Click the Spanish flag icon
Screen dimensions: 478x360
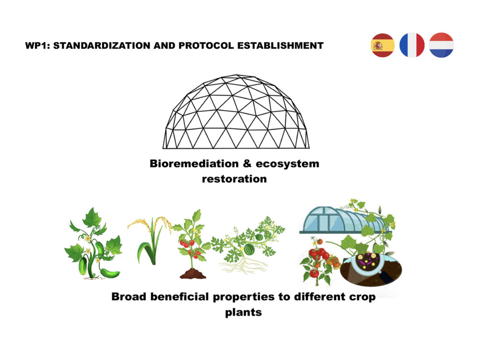[383, 45]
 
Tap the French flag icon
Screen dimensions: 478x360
[412, 45]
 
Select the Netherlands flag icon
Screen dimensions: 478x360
[441, 45]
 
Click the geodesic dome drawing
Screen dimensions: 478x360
[236, 112]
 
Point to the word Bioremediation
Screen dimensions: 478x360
[194, 164]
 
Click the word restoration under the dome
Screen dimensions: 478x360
[234, 179]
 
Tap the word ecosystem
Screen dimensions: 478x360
[287, 164]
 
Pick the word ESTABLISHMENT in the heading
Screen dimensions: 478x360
[280, 46]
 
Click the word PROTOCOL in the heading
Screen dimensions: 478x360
[206, 46]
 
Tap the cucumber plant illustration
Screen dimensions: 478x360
[93, 243]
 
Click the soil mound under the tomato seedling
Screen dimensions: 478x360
[193, 274]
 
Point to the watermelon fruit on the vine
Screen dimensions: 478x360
[249, 249]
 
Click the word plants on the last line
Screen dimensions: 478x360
[243, 312]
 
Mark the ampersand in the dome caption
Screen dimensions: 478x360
[247, 164]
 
